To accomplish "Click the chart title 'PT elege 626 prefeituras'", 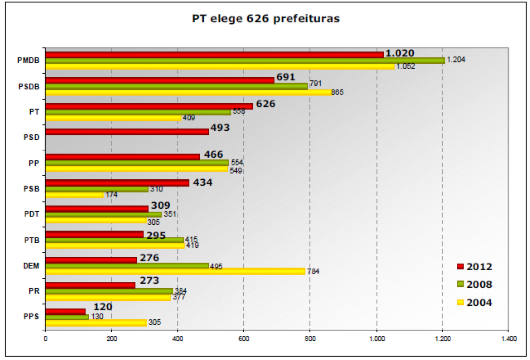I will tap(266, 19).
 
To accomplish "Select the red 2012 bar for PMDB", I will tap(214, 55).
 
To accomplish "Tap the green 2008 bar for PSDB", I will tap(176, 87).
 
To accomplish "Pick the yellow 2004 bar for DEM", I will tap(175, 271).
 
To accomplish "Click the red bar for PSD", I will tap(127, 132).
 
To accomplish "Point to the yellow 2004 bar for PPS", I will tap(96, 322).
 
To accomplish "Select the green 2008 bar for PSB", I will tap(97, 189).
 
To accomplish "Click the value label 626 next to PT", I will tap(265, 104).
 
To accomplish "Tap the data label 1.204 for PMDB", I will tap(456, 60).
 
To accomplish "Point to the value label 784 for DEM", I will tap(313, 271).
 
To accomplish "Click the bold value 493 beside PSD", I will tap(220, 128).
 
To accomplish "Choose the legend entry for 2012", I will tap(474, 267).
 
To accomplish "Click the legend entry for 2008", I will tap(474, 284).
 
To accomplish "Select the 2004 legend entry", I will tap(474, 303).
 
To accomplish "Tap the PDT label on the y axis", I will tap(31, 214).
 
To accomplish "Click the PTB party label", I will tap(31, 240).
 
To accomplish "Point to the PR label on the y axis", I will tap(34, 291).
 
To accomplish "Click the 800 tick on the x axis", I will tap(310, 339).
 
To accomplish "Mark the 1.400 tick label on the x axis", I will tap(509, 339).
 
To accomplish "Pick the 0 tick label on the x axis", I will tap(45, 339).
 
